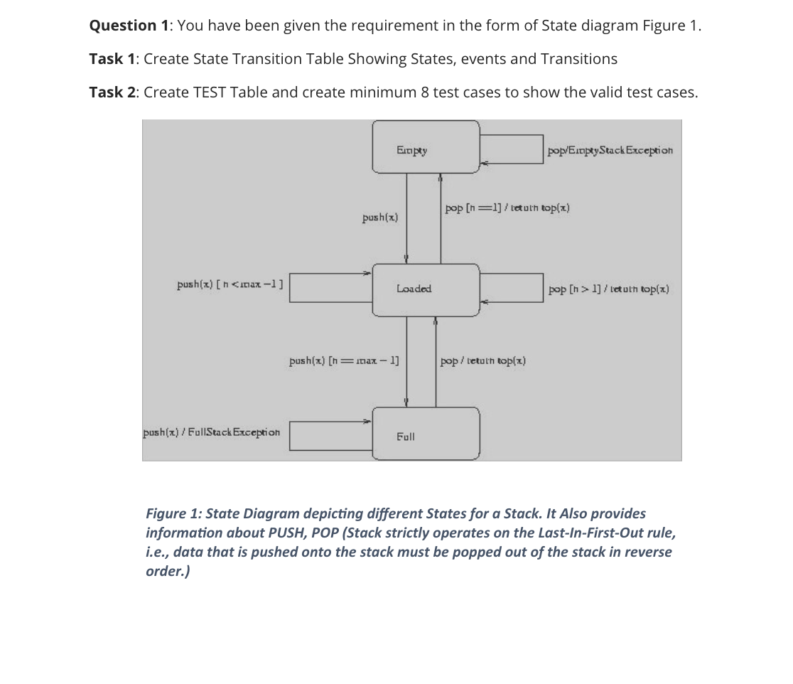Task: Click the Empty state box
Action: [x=426, y=147]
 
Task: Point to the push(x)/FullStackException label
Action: [x=212, y=431]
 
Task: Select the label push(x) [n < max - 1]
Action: [x=230, y=285]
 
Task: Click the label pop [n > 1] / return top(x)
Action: [x=608, y=289]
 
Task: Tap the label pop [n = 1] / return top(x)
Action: [x=507, y=208]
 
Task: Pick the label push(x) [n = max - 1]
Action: [x=344, y=360]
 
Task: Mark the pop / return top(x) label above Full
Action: [x=483, y=360]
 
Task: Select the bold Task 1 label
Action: [x=114, y=59]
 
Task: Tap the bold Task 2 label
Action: [x=114, y=92]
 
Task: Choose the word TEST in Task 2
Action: [x=210, y=92]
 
